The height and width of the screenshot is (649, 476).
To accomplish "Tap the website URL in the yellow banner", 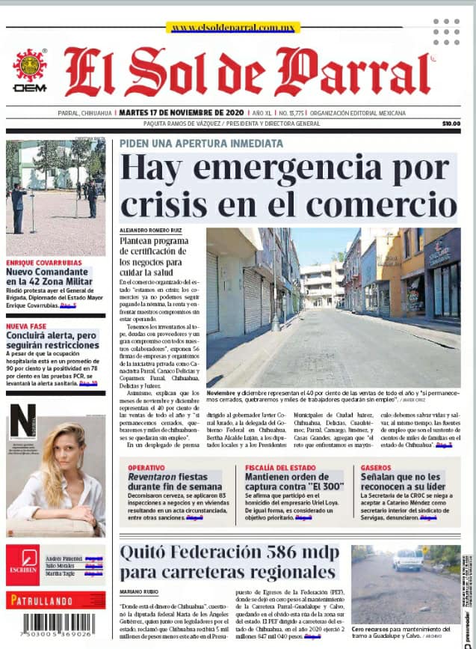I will [234, 28].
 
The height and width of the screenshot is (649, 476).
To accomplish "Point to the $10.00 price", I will [451, 124].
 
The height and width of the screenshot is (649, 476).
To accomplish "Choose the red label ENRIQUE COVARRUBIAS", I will [44, 263].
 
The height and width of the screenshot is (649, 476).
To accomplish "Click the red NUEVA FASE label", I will [27, 326].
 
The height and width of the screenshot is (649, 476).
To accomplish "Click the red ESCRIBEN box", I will [22, 565].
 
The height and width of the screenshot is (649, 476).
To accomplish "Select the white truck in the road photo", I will [408, 559].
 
